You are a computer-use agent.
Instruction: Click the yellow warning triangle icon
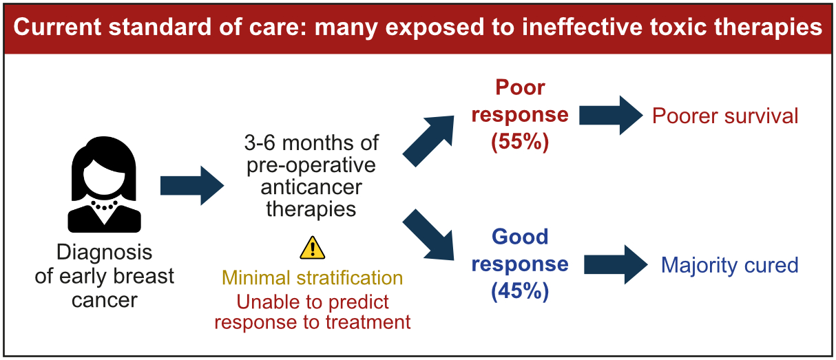pyautogui.click(x=313, y=248)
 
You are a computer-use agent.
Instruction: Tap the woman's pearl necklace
pyautogui.click(x=105, y=206)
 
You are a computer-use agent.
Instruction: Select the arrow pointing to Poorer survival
pyautogui.click(x=611, y=115)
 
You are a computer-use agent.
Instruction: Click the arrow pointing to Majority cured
pyautogui.click(x=616, y=264)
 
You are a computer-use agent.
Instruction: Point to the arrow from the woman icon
pyautogui.click(x=192, y=185)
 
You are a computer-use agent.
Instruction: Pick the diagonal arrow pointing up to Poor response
pyautogui.click(x=428, y=141)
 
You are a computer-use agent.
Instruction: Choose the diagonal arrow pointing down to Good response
pyautogui.click(x=428, y=234)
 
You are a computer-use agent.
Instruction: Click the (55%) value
pyautogui.click(x=520, y=142)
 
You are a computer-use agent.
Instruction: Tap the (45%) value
pyautogui.click(x=520, y=291)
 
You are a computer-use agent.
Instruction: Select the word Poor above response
pyautogui.click(x=520, y=87)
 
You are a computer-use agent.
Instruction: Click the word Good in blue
pyautogui.click(x=520, y=237)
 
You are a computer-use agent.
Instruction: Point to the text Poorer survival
pyautogui.click(x=725, y=116)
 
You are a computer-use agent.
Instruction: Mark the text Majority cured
pyautogui.click(x=730, y=265)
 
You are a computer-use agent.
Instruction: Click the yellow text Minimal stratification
pyautogui.click(x=313, y=278)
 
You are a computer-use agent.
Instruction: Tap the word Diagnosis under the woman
pyautogui.click(x=105, y=253)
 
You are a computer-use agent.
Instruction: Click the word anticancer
pyautogui.click(x=311, y=187)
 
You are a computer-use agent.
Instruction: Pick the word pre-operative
pyautogui.click(x=311, y=165)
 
